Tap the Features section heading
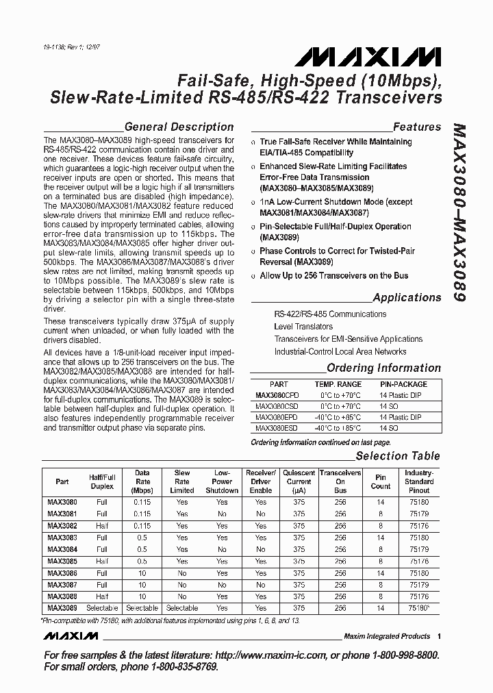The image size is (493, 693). coord(416,127)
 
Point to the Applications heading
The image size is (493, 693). coord(407,298)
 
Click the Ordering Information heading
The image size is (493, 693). coord(383,368)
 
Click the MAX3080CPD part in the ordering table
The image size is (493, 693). coord(278,396)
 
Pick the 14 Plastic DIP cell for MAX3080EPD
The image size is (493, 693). coord(401,417)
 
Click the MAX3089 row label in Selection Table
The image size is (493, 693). coord(62,607)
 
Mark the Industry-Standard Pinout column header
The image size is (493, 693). coord(418,481)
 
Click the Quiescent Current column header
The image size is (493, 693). coord(299,481)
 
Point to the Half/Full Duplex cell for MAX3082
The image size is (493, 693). coord(102,526)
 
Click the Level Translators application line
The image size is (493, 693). coord(303,327)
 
